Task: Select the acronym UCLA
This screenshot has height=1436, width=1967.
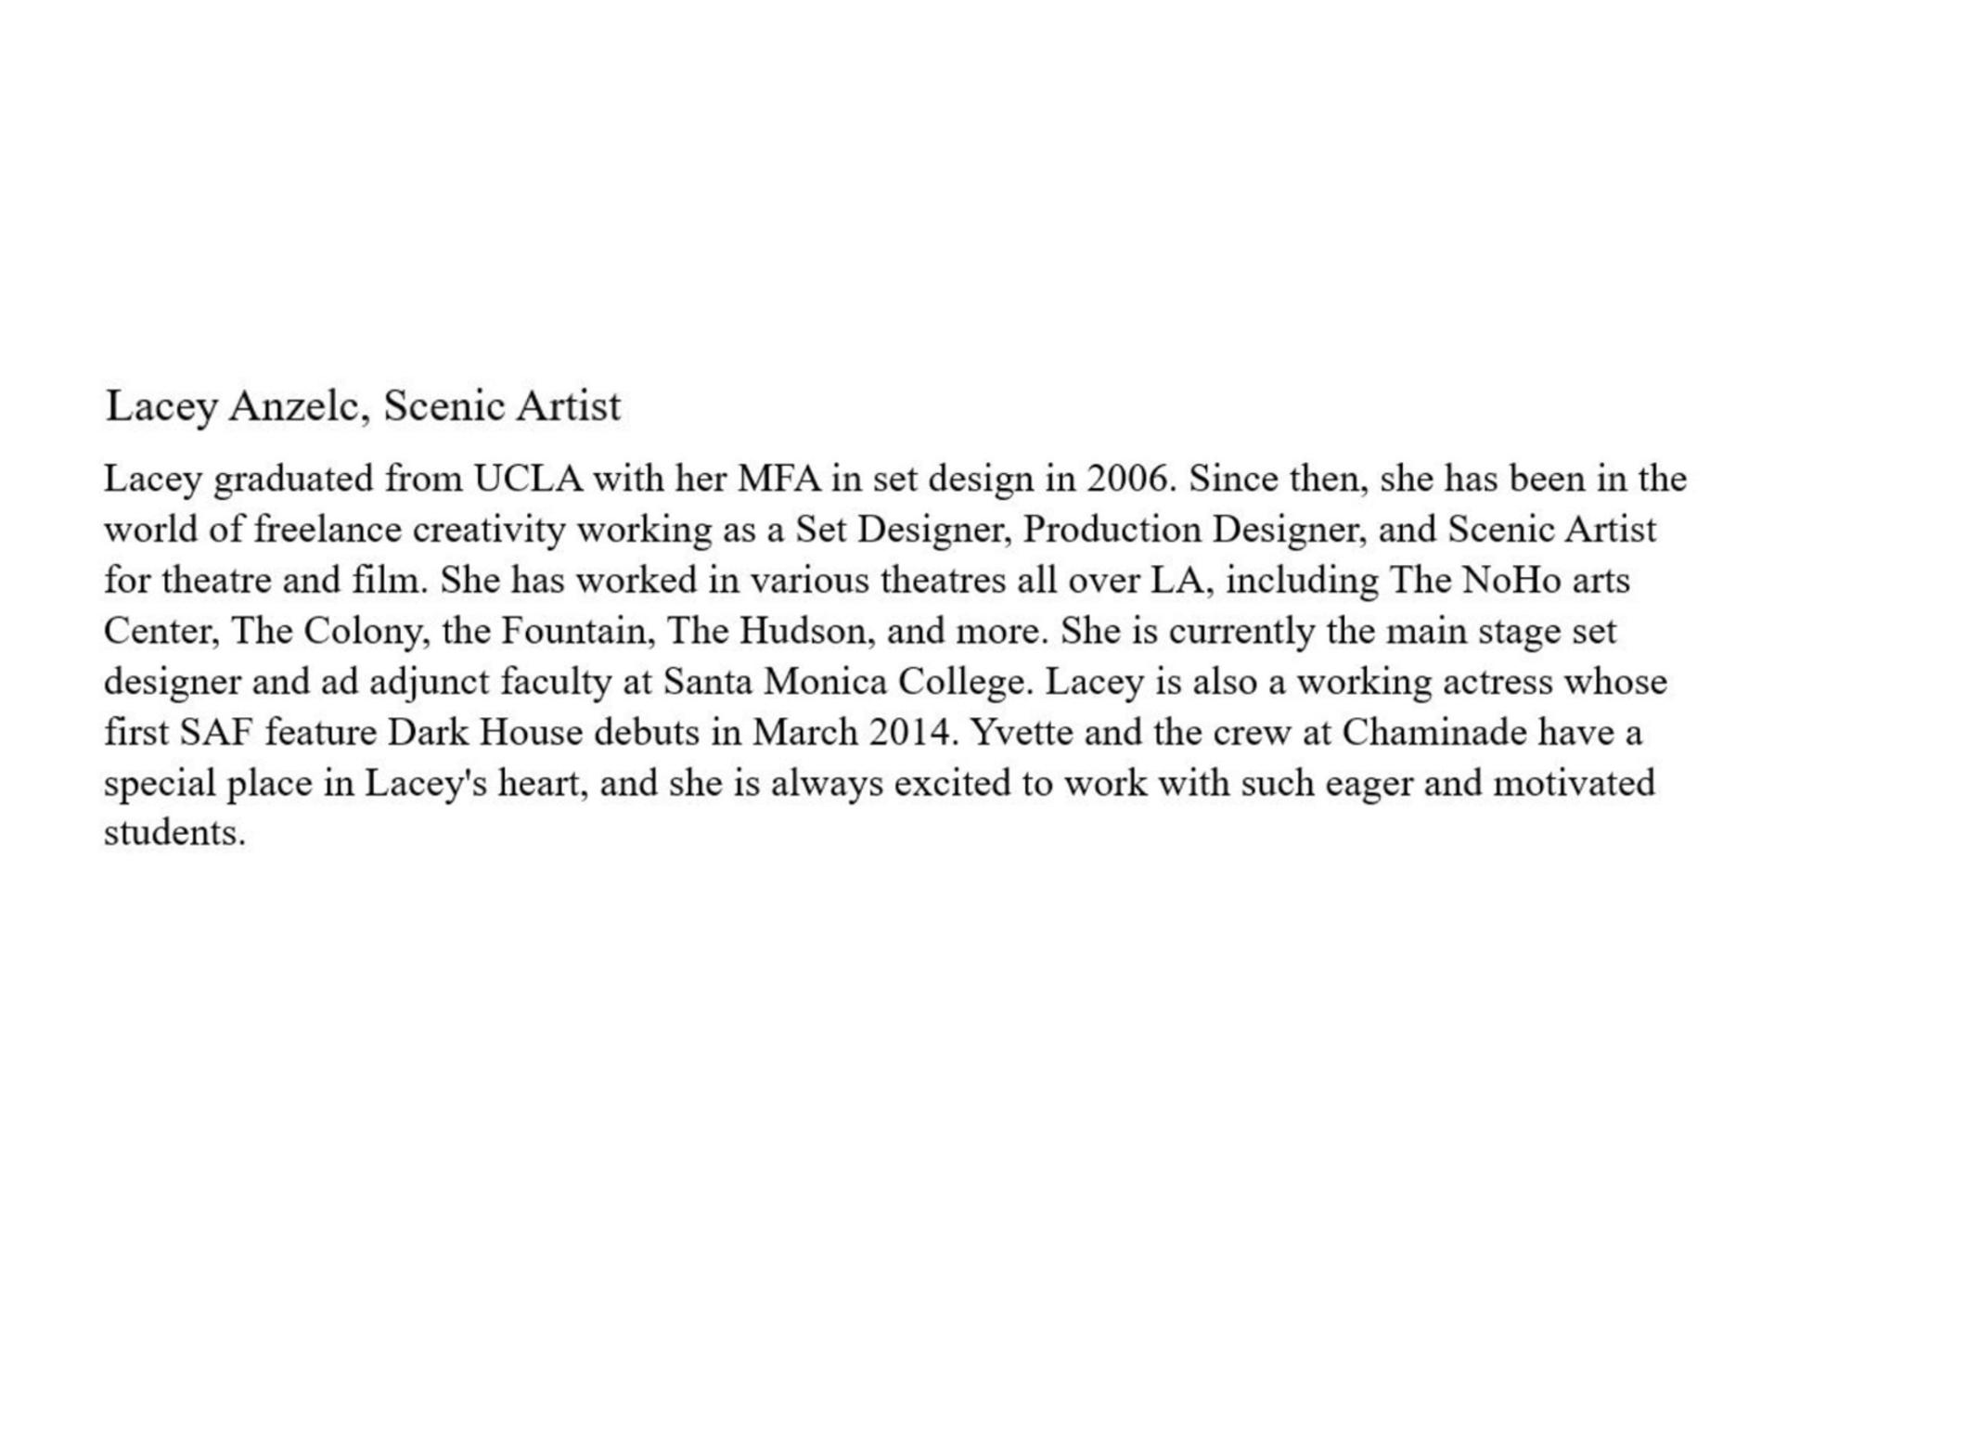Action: pos(528,480)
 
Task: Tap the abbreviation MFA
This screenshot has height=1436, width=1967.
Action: pos(778,480)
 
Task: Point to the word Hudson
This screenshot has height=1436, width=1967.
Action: pos(806,632)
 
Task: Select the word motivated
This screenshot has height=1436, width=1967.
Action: pos(1574,784)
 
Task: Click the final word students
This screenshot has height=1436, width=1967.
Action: pos(174,833)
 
